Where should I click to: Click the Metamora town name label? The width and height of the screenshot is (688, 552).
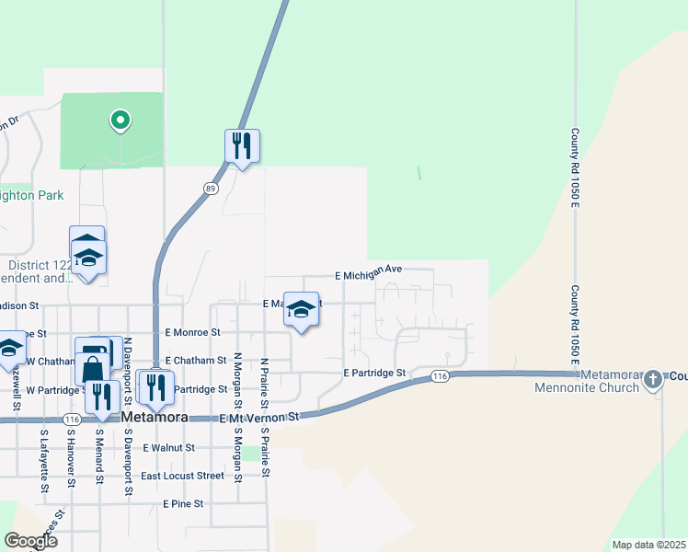coord(155,417)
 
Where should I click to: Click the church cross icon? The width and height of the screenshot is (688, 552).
coord(653,379)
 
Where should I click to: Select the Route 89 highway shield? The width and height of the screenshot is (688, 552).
coord(211,189)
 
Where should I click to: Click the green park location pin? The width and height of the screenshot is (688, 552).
coord(119,120)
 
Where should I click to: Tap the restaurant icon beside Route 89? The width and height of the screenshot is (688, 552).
coord(242,145)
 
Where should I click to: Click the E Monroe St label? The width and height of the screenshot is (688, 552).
coord(192,332)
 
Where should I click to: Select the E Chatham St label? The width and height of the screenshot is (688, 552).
coord(195,361)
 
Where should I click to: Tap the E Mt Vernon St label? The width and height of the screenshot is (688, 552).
coord(260,418)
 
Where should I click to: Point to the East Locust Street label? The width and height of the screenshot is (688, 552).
coord(182,476)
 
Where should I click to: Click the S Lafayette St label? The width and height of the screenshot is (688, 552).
coord(43,460)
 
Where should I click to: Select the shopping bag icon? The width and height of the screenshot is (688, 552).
coord(94,370)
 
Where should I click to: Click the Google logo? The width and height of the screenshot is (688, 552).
coord(30,540)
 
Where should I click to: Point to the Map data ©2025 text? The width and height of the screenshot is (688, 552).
coord(648,545)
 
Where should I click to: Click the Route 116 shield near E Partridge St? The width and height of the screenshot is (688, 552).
coord(439,376)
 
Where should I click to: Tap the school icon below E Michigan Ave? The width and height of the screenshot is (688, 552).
coord(301,309)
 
